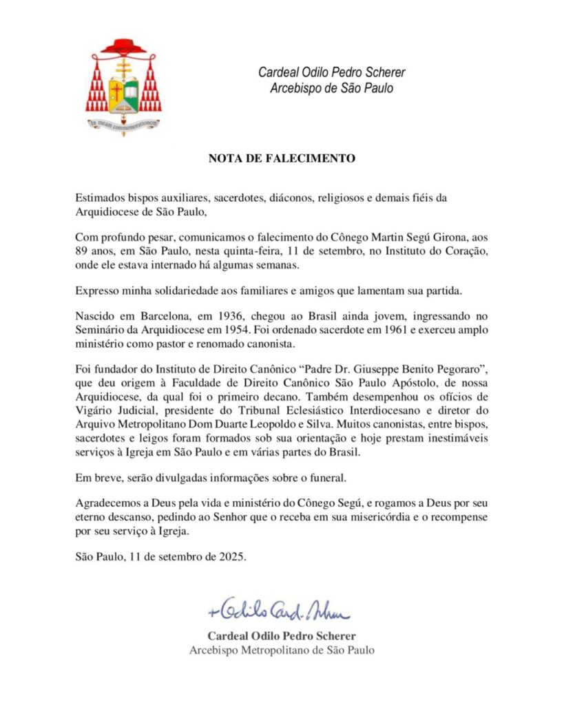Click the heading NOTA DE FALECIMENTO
[x=282, y=158]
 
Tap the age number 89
[x=82, y=249]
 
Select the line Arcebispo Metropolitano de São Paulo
[x=282, y=650]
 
